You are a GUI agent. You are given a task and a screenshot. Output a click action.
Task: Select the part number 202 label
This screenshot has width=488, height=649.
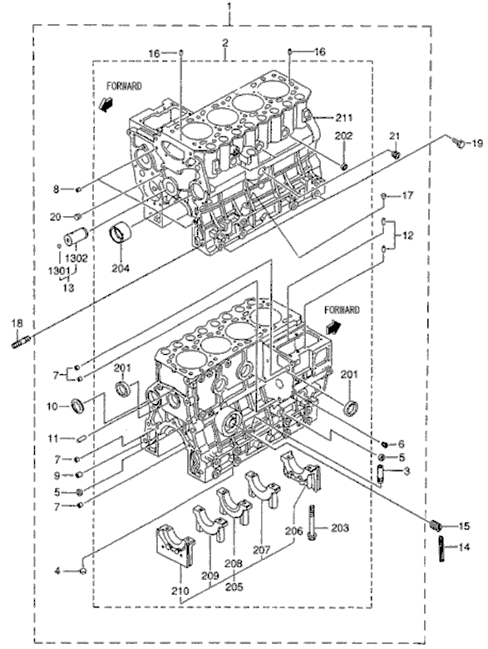point(345,135)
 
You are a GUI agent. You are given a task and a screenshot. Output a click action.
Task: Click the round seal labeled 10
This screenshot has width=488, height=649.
point(78,406)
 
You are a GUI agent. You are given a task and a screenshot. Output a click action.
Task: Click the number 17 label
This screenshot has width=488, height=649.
point(407,196)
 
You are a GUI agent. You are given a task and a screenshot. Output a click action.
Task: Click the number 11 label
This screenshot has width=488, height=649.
point(51,438)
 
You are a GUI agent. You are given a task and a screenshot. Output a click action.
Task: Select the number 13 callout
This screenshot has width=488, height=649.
point(66,287)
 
